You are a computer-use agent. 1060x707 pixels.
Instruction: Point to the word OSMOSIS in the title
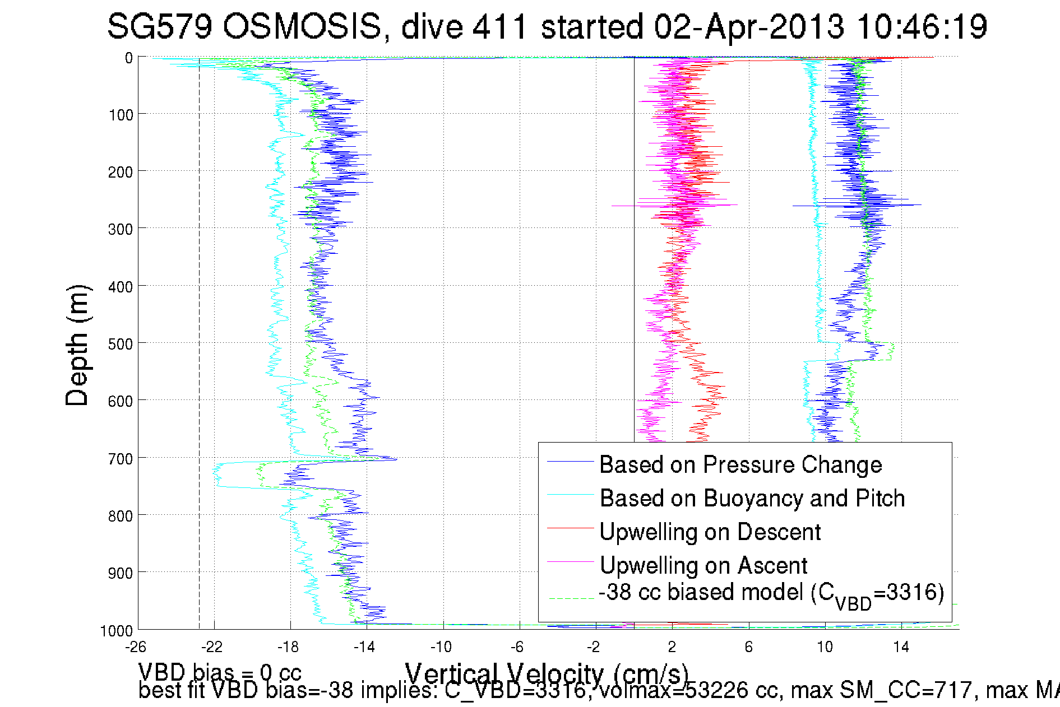pyautogui.click(x=302, y=26)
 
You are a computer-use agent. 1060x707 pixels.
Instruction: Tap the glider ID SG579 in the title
pyautogui.click(x=160, y=26)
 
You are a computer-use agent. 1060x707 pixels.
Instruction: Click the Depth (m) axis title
pyautogui.click(x=77, y=345)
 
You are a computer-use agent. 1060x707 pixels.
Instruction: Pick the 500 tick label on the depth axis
pyautogui.click(x=121, y=343)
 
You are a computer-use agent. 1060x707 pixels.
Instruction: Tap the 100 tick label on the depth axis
pyautogui.click(x=121, y=115)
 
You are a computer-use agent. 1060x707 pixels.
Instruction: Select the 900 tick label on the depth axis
pyautogui.click(x=121, y=573)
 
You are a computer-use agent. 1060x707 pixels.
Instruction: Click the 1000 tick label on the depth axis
pyautogui.click(x=117, y=631)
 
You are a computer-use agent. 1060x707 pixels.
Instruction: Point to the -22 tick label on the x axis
pyautogui.click(x=212, y=647)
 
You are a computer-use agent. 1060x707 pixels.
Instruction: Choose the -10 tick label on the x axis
pyautogui.click(x=441, y=647)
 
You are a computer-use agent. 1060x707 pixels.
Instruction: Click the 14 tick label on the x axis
pyautogui.click(x=901, y=647)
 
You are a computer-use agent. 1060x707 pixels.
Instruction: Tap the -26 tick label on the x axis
pyautogui.click(x=136, y=647)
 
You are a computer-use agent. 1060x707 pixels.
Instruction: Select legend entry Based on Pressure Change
pyautogui.click(x=740, y=464)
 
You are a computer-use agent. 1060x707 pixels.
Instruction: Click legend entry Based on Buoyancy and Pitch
pyautogui.click(x=752, y=498)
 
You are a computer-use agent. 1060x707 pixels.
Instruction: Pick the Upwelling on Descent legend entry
pyautogui.click(x=710, y=532)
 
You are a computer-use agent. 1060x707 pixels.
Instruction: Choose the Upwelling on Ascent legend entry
pyautogui.click(x=703, y=565)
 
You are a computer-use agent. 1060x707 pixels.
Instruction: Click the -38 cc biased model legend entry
pyautogui.click(x=771, y=593)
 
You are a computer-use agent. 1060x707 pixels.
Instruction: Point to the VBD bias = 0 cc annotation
pyautogui.click(x=220, y=672)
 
